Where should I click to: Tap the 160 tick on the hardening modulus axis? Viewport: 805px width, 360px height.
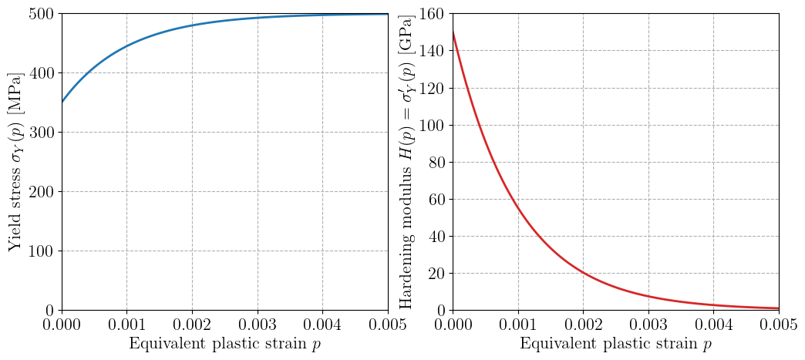431,14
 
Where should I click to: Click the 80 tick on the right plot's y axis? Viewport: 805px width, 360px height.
435,162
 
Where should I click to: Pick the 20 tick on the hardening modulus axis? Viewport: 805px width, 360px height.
435,273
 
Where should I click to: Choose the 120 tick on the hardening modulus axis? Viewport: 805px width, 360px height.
431,88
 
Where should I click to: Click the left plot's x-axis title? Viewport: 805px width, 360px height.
224,344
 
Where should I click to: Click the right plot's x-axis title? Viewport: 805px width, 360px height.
615,344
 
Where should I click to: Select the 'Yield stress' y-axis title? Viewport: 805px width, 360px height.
16,162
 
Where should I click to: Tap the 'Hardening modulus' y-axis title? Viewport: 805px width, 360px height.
406,162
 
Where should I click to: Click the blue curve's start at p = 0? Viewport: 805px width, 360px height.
62,103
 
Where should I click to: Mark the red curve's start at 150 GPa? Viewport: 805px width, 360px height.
453,32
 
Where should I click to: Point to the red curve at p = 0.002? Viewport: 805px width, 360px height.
583,272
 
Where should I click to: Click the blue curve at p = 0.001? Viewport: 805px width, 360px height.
126,46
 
